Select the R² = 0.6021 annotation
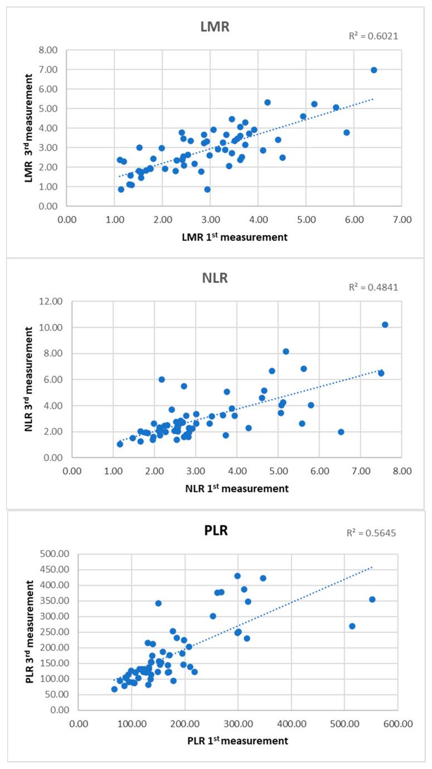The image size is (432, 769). tap(373, 36)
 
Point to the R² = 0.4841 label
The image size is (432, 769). tap(373, 288)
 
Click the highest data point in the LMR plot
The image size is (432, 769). tap(374, 70)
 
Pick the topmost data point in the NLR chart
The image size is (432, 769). tap(385, 325)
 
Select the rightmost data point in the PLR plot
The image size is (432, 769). tap(372, 600)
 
